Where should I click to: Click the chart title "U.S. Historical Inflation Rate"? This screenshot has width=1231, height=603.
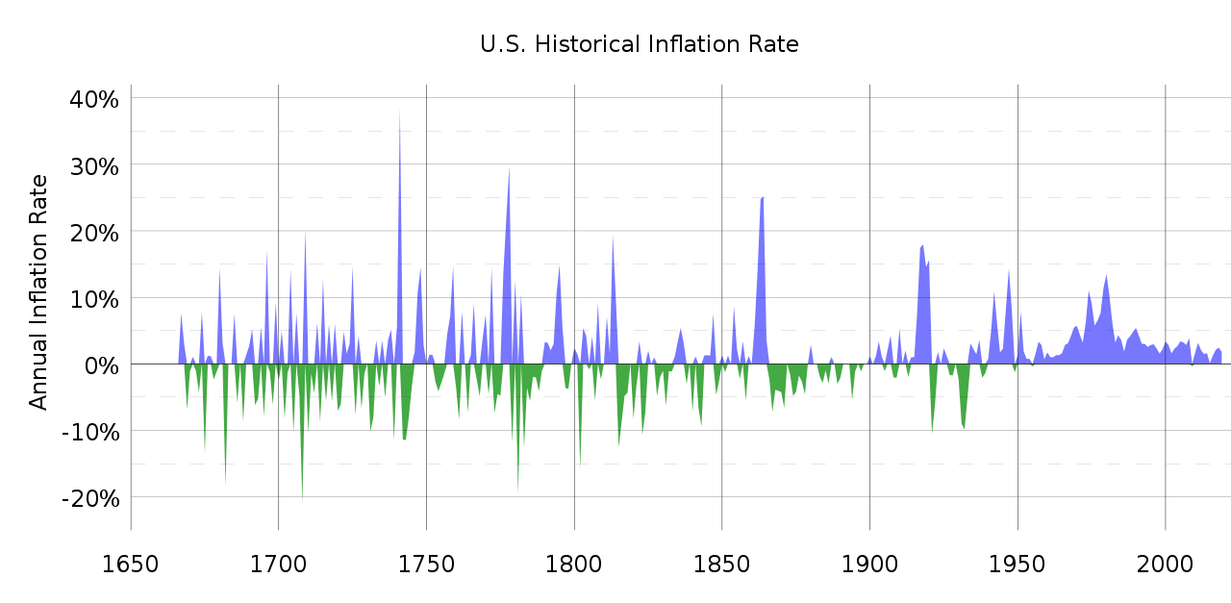click(x=639, y=44)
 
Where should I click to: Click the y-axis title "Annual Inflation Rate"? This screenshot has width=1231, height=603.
click(x=38, y=291)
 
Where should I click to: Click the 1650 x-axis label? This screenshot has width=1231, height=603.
click(x=131, y=563)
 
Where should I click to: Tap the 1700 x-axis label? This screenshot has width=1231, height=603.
click(x=279, y=563)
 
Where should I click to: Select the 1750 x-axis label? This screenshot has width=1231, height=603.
click(x=426, y=563)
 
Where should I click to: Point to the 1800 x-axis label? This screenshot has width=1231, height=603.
click(x=574, y=563)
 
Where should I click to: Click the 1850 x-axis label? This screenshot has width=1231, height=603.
click(x=722, y=563)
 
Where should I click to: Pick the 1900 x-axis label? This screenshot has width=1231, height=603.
click(x=869, y=563)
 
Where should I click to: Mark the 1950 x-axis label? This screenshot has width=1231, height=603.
click(x=1017, y=563)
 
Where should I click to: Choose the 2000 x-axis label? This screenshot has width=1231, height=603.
click(x=1166, y=563)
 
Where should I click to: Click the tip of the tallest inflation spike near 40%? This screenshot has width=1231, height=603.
click(x=399, y=109)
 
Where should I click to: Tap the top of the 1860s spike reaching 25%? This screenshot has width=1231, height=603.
click(x=763, y=197)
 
